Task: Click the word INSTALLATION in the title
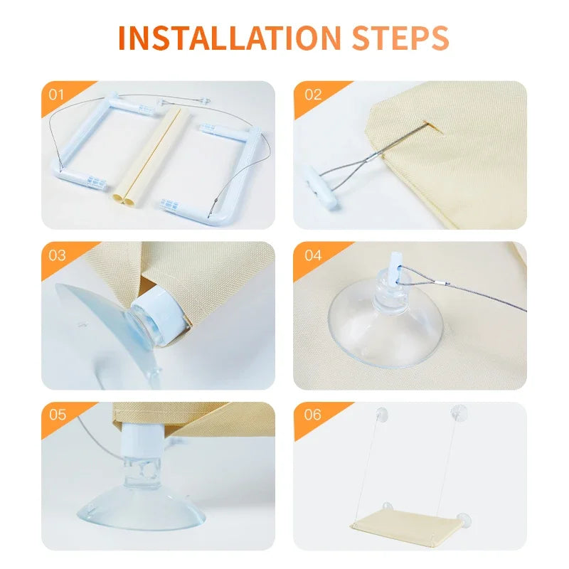click(229, 38)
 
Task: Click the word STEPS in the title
click(400, 38)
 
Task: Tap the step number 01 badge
click(56, 95)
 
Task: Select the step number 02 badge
click(313, 95)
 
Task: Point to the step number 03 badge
click(57, 255)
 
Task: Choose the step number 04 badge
click(313, 255)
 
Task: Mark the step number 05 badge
click(58, 415)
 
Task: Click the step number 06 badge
click(313, 415)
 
